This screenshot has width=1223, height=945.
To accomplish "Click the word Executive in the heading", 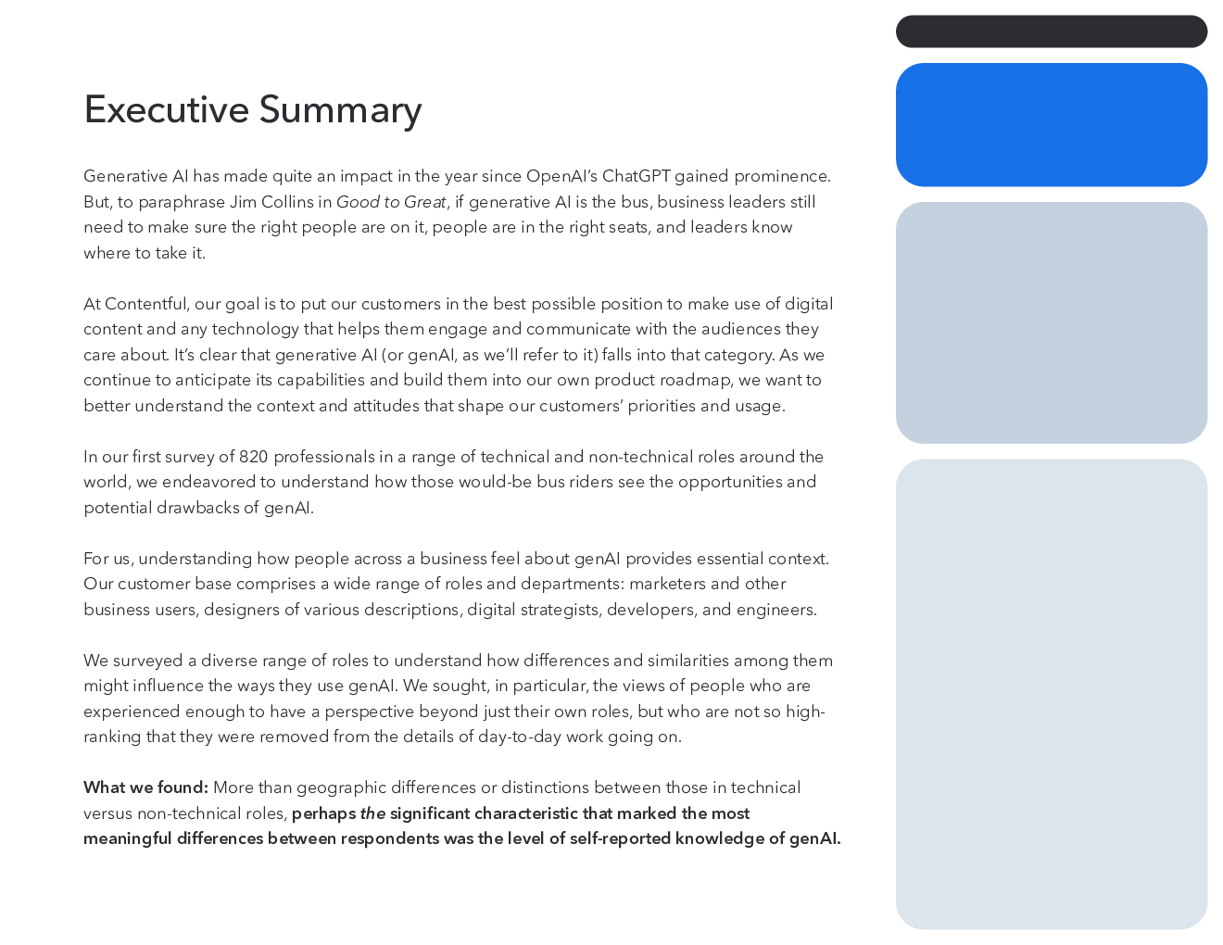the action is tap(166, 109).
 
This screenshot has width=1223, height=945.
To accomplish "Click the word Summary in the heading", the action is tap(340, 110).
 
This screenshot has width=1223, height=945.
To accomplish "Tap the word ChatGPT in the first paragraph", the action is tap(636, 176).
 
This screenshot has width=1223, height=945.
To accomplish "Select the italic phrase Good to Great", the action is tap(391, 201).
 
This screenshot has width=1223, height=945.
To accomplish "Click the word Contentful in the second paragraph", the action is tap(145, 304).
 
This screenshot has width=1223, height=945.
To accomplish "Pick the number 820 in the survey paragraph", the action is tap(253, 457).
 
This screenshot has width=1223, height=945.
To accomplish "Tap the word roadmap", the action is tap(696, 381).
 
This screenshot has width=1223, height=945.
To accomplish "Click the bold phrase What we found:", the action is tap(145, 787).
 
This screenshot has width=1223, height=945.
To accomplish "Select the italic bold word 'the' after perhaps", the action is tap(372, 813).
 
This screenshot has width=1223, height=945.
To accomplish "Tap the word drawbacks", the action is tap(198, 508).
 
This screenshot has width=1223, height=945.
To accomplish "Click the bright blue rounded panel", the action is tap(1051, 124).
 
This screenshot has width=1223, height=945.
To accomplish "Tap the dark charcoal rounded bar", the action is tap(1051, 31).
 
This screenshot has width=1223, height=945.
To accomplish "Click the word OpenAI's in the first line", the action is tap(561, 176).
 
